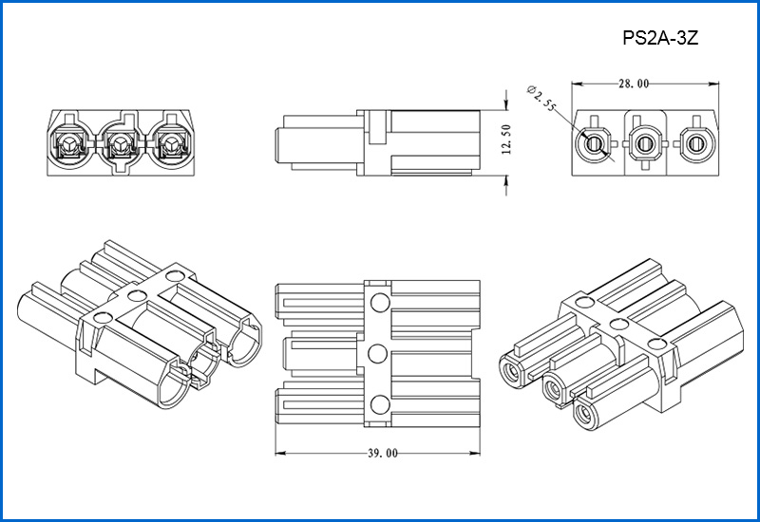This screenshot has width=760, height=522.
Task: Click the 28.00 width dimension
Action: coord(634,84)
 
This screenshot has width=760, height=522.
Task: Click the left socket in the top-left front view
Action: coord(69,145)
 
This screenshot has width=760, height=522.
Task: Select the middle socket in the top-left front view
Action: coord(121,145)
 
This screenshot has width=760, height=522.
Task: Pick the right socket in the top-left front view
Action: coord(171,145)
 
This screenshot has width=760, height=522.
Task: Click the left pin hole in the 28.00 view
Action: coord(595,144)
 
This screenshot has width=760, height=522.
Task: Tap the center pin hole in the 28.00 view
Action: coord(646,144)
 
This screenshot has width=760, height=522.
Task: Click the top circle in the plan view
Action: coord(379,304)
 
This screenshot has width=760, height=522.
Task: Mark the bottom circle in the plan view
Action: coord(379,404)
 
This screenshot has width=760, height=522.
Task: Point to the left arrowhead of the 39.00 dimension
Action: coord(277,453)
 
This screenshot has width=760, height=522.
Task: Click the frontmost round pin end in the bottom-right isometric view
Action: coord(584,414)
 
